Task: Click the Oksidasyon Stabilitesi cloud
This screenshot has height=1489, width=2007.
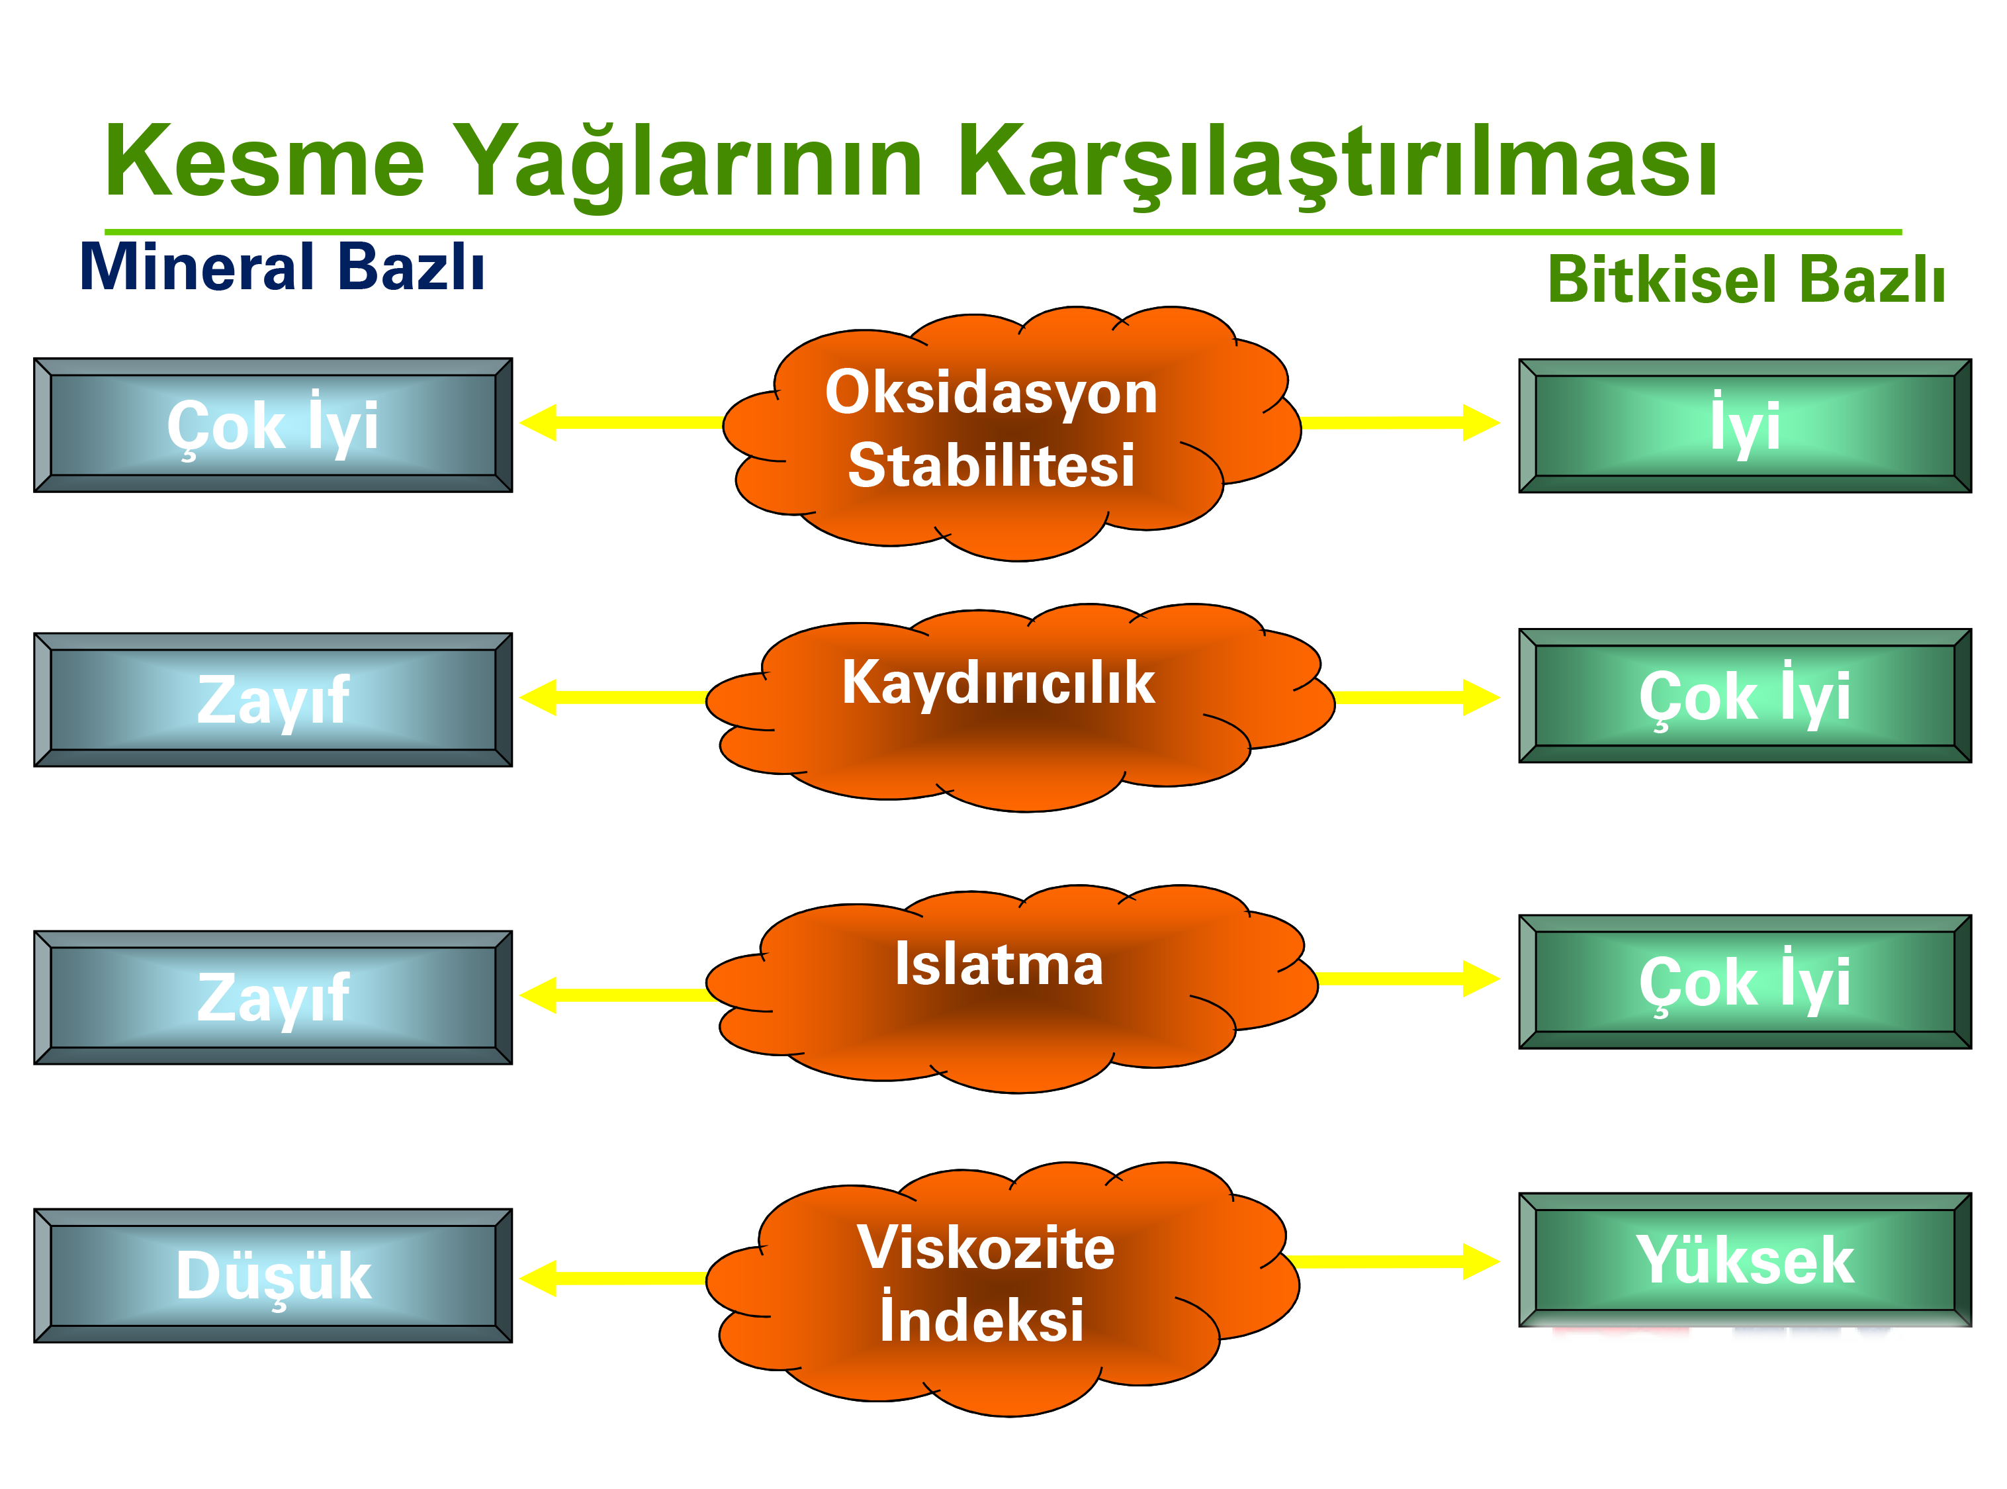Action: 1011,433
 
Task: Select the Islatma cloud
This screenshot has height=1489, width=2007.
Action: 1011,989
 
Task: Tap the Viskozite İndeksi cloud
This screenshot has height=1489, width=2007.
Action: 1002,1289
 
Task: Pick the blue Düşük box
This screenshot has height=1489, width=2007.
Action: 273,1275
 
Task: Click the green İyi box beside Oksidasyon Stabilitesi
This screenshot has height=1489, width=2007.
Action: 1745,426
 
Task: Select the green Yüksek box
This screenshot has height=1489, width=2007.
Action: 1745,1259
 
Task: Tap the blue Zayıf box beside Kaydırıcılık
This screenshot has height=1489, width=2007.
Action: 273,699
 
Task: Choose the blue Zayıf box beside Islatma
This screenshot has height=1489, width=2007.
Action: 273,997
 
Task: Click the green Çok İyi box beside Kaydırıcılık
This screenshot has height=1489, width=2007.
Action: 1745,696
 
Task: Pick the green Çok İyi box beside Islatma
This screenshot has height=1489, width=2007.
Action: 1745,981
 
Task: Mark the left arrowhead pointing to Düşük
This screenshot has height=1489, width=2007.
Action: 538,1278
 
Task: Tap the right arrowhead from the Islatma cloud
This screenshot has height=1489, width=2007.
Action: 1482,979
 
